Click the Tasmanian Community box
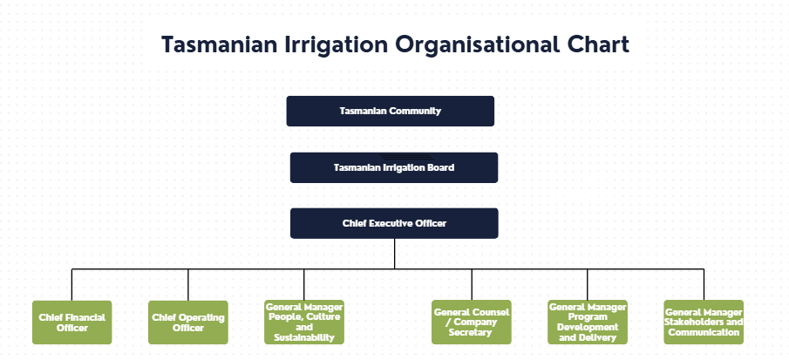coord(390,112)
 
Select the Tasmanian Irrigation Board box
coord(393,167)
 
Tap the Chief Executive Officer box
coord(393,223)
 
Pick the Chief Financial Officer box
coord(72,323)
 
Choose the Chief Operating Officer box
coord(188,323)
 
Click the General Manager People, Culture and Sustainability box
coord(304,323)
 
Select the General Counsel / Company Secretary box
coord(472,323)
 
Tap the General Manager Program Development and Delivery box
coord(587,323)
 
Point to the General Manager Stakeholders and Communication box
coord(704,323)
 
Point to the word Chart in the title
coord(598,44)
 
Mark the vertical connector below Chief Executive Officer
coord(394,254)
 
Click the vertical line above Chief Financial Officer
coord(72,285)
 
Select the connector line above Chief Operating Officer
coord(188,285)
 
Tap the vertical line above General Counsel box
coord(472,285)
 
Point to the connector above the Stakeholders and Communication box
coord(704,285)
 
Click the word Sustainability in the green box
coord(304,337)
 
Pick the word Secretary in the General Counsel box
coord(471,332)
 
